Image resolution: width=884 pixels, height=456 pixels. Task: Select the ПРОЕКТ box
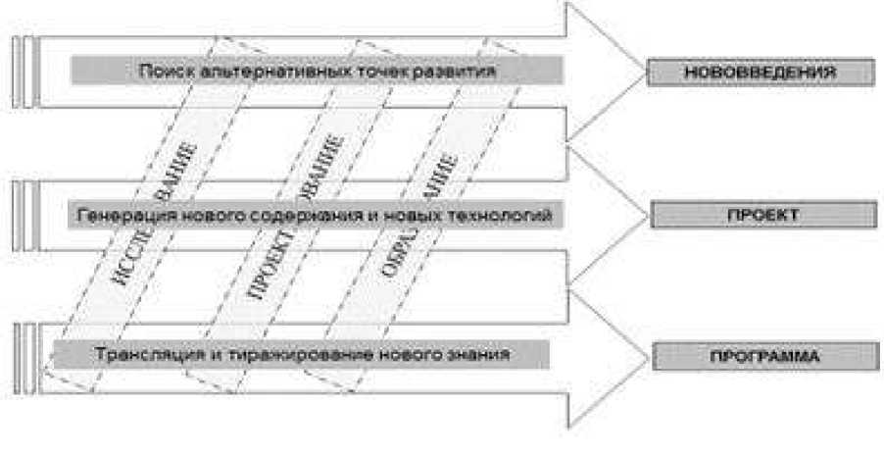[x=762, y=214]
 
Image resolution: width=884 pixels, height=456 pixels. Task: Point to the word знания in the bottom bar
[x=480, y=354]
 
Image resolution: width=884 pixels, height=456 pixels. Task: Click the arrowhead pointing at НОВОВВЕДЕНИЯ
[x=603, y=71]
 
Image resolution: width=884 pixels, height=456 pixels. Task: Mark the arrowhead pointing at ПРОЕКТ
[x=603, y=214]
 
